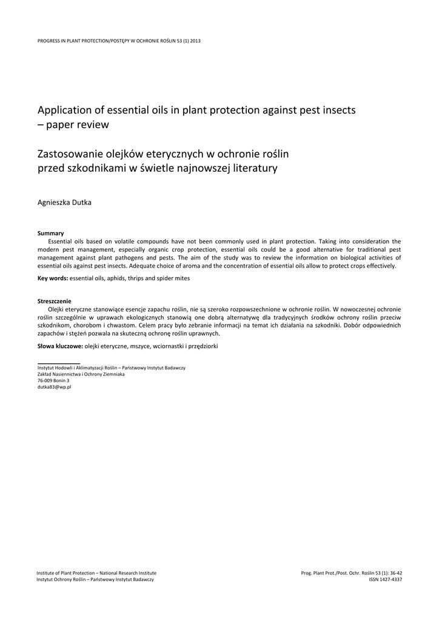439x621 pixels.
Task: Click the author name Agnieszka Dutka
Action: click(x=64, y=203)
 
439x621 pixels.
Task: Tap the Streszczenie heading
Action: click(x=55, y=301)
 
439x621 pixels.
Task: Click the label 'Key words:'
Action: click(x=53, y=278)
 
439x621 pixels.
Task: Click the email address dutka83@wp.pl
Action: click(x=55, y=387)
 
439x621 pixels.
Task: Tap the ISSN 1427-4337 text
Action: click(x=386, y=580)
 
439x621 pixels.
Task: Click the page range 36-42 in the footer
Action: click(x=395, y=573)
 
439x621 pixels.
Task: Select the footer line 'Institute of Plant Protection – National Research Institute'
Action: click(x=96, y=573)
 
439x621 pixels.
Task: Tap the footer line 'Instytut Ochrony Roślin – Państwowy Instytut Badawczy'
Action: click(x=95, y=580)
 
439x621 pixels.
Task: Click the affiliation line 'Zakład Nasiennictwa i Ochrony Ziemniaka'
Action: click(x=81, y=374)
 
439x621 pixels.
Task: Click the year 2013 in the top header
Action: click(x=195, y=41)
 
